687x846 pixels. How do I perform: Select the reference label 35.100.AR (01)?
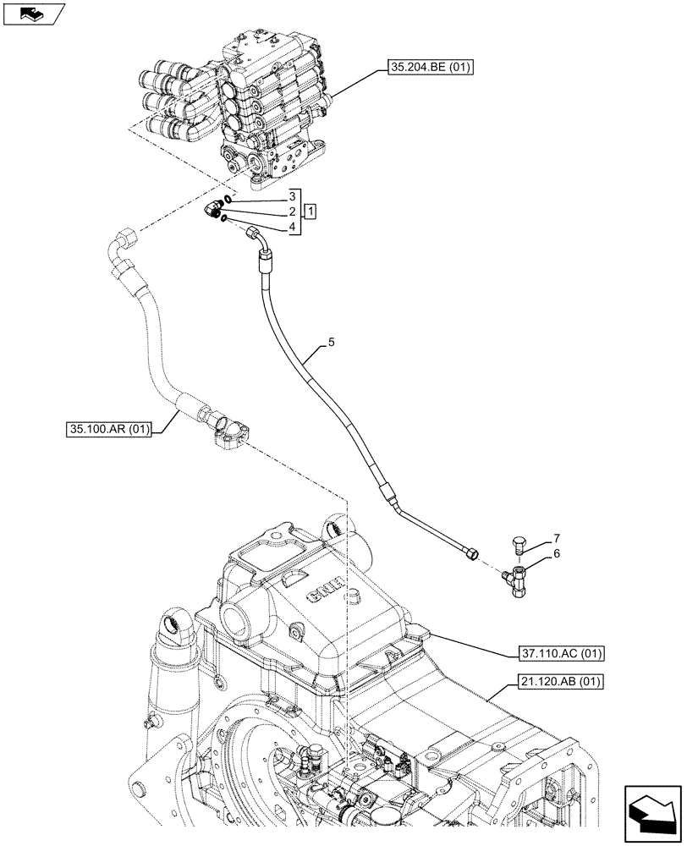[x=106, y=430]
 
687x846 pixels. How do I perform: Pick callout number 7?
[x=556, y=538]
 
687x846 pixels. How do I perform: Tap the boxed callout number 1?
[x=311, y=211]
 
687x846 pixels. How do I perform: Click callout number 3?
[x=292, y=195]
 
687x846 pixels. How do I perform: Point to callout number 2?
[x=292, y=211]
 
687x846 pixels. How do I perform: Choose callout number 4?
[x=292, y=227]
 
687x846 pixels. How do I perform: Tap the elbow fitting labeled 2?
[x=213, y=209]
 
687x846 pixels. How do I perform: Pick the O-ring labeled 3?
[x=228, y=200]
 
